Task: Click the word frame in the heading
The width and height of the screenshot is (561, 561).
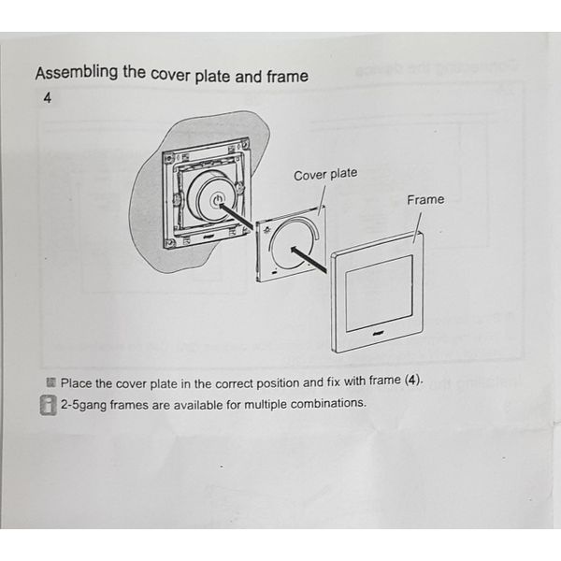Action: pos(285,77)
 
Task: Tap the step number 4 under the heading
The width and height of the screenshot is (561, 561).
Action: pos(47,98)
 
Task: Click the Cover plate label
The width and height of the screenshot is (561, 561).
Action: pos(325,175)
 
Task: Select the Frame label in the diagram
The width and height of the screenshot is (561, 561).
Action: pos(425,199)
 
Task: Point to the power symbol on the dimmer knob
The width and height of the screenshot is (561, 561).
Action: pos(216,199)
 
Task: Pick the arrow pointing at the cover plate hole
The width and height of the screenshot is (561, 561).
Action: pos(309,259)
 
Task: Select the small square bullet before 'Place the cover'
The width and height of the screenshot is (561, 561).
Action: pos(50,382)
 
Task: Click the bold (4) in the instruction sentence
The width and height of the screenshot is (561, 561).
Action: pos(412,381)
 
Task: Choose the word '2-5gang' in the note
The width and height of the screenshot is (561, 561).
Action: pos(86,404)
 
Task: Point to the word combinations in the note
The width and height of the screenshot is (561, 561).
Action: pos(328,404)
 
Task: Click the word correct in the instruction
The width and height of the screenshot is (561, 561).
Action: pos(238,382)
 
